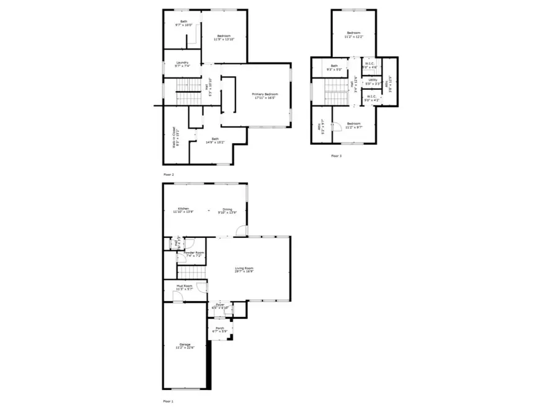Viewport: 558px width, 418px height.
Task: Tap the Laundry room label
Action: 182,63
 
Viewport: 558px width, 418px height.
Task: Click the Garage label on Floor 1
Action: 185,346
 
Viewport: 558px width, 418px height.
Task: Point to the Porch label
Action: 220,329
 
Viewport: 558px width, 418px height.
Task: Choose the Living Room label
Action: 244,269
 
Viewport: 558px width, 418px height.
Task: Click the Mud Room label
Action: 184,287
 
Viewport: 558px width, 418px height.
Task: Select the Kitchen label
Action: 184,210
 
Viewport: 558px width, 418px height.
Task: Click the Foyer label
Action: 220,306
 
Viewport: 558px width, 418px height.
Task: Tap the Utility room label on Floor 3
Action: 373,81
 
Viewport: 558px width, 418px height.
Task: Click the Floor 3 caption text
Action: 336,156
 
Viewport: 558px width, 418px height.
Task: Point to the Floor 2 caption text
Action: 169,175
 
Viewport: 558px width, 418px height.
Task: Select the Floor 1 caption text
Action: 168,401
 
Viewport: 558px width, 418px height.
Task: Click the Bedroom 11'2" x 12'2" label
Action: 354,34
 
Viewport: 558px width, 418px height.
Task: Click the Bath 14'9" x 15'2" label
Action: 215,140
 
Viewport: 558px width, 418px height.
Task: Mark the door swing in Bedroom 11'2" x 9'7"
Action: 337,128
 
